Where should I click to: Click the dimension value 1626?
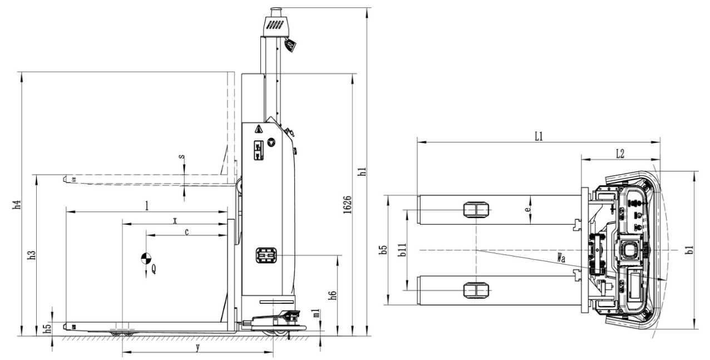[x=348, y=204]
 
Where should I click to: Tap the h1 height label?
[x=363, y=171]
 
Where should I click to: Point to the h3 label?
[x=32, y=255]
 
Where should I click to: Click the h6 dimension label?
[x=333, y=295]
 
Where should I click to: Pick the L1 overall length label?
[x=539, y=136]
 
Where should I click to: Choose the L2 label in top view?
[x=620, y=154]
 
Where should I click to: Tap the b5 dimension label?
[x=383, y=249]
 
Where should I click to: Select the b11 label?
[x=402, y=249]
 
